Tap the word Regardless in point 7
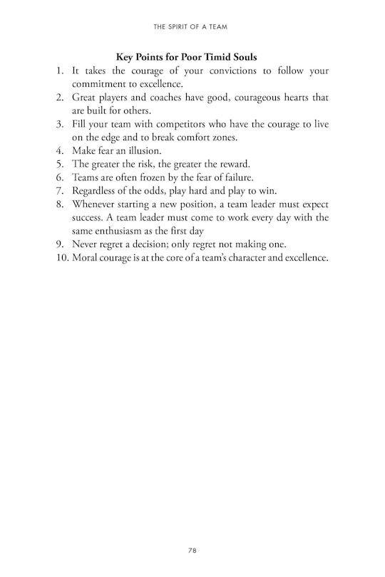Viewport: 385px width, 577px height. coord(96,191)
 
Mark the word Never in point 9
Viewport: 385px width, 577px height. coord(86,244)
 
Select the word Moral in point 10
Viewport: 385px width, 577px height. coord(86,257)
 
